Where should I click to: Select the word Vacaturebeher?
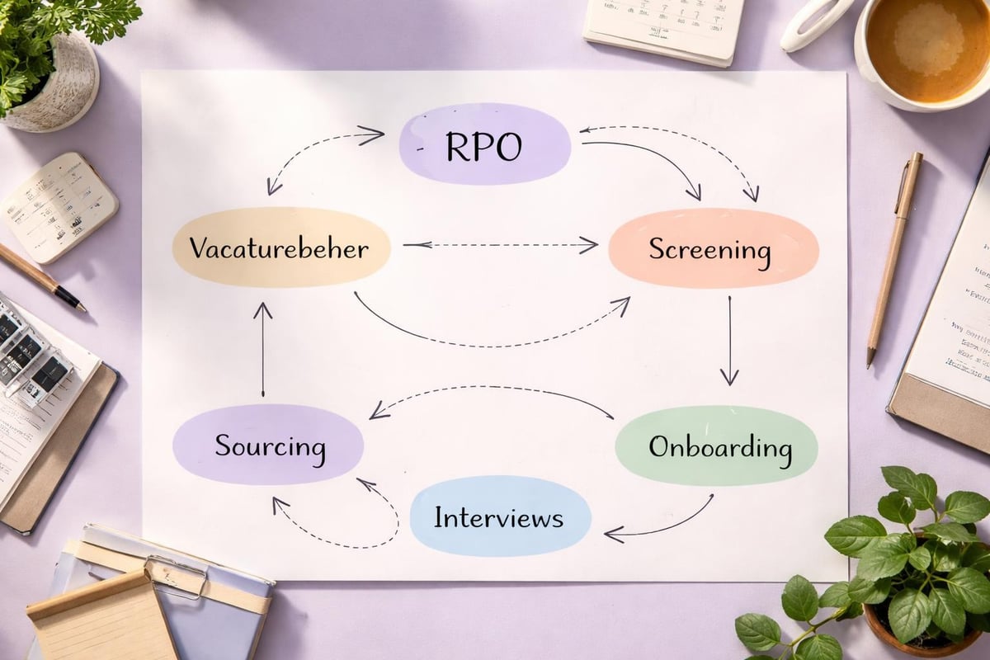(279, 248)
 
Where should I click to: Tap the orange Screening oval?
(713, 248)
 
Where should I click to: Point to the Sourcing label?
(270, 446)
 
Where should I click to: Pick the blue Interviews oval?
(499, 517)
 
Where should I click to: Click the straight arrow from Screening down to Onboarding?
(728, 338)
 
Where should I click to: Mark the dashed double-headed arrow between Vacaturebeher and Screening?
(500, 244)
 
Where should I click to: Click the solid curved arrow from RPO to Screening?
(652, 161)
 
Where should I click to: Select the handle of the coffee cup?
(813, 23)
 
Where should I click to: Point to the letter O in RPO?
(507, 146)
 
